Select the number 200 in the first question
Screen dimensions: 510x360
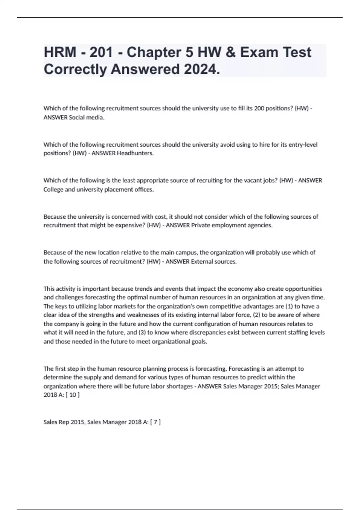click(x=259, y=108)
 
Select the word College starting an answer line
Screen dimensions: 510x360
click(x=53, y=189)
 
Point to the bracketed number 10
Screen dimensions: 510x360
click(x=73, y=395)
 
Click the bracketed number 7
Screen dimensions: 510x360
click(x=155, y=422)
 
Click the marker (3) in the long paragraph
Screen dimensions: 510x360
click(x=142, y=332)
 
